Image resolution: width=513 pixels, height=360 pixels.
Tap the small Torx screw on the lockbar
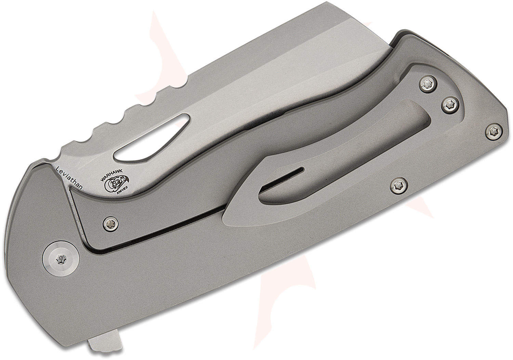(x=109, y=223)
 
